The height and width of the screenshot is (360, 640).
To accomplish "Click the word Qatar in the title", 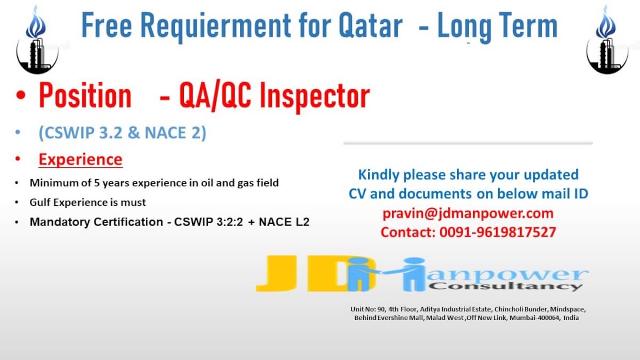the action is click(371, 26).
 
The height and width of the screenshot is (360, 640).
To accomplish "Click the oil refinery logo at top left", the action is click(37, 40).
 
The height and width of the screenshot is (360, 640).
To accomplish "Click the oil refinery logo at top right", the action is click(607, 40).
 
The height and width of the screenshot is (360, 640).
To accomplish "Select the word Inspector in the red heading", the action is click(315, 97).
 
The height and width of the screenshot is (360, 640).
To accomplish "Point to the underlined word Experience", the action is click(81, 159).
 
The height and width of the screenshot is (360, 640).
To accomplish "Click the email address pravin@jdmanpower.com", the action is click(468, 213).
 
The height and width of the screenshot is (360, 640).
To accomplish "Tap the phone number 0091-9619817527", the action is click(498, 232).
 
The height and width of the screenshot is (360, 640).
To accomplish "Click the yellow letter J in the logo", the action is click(276, 274).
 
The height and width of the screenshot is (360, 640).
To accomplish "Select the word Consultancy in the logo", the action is click(506, 286).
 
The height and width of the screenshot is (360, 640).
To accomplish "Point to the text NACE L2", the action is click(284, 222).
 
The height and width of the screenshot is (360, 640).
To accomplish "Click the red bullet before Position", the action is click(21, 95).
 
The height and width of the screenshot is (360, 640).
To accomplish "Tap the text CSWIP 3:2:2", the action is click(209, 222).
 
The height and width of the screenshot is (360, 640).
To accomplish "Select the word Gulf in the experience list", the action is click(40, 202).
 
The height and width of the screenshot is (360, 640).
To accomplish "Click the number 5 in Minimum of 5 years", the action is click(97, 183).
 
